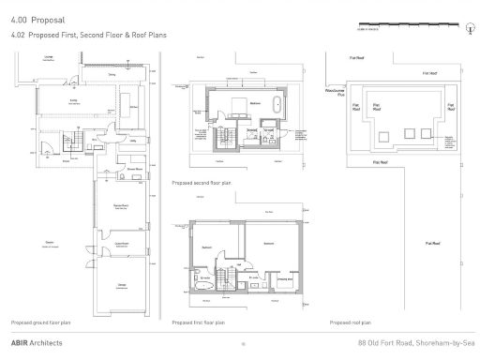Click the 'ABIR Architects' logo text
tap(37, 342)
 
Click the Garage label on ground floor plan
tap(122, 285)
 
